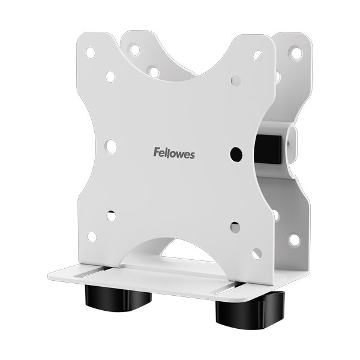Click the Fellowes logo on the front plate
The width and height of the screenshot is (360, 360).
[x=174, y=153]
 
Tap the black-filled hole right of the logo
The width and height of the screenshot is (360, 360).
[x=236, y=154]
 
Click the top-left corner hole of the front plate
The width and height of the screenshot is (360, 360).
[x=91, y=53]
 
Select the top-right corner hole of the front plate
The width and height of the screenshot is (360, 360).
[x=258, y=56]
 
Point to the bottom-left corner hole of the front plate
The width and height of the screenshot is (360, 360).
[x=92, y=236]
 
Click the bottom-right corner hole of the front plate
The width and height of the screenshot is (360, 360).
[x=257, y=254]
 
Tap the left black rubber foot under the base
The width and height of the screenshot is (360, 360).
[x=118, y=298]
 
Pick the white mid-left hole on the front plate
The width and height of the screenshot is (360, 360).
[x=111, y=147]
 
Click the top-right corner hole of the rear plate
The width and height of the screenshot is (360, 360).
[x=295, y=53]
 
